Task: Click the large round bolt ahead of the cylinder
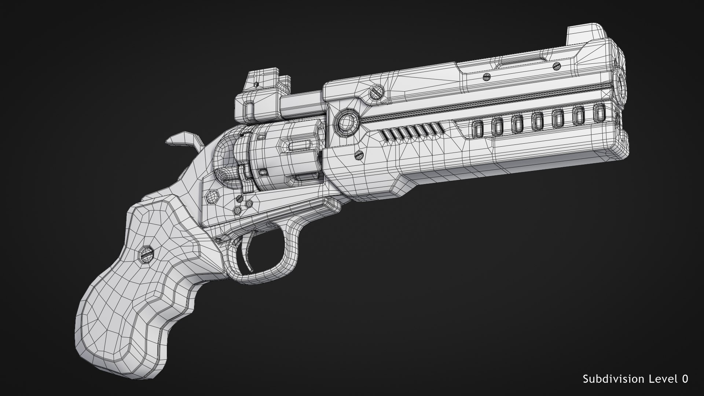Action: pos(346,122)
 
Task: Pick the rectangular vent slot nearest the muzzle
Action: pos(599,113)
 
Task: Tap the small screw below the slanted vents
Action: pos(359,155)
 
